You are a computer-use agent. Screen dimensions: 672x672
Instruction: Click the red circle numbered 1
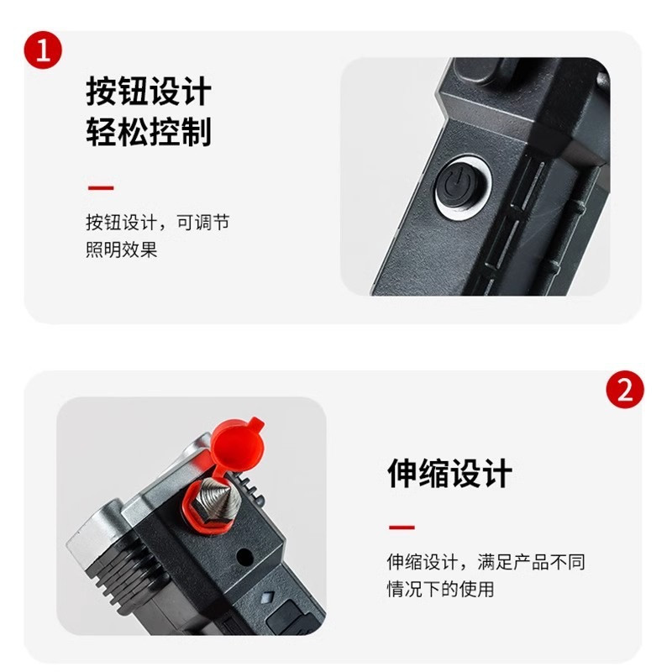[43, 50]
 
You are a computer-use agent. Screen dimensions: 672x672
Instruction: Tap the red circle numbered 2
[625, 390]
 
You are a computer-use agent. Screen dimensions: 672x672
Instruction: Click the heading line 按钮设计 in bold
[149, 92]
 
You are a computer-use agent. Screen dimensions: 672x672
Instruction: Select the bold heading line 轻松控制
[149, 131]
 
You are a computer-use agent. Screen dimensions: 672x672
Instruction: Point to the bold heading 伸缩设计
[449, 473]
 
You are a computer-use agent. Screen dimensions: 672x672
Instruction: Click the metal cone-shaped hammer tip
[217, 501]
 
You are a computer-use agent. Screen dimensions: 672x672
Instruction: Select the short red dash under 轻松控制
[101, 187]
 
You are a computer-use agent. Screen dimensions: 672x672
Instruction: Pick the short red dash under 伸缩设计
[402, 528]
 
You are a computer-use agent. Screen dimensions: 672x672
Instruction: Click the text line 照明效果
[122, 249]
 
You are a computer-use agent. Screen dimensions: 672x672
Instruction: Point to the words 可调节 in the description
[203, 223]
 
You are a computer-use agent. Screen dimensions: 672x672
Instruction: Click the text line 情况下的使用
[440, 589]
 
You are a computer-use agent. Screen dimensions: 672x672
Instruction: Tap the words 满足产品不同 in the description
[531, 562]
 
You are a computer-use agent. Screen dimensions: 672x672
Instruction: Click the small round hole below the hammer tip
[244, 556]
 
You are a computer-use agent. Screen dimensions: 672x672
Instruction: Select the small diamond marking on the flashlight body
[268, 596]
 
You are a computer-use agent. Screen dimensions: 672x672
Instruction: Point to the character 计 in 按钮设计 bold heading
[197, 92]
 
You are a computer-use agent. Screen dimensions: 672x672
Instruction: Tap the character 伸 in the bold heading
[402, 473]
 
